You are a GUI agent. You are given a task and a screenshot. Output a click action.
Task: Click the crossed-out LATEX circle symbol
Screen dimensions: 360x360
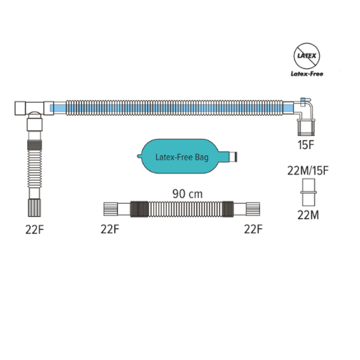point(307,55)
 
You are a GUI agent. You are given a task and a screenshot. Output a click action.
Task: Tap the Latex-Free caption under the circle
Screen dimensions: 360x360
point(307,73)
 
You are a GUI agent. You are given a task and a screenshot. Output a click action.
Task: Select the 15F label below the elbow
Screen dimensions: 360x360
point(306,145)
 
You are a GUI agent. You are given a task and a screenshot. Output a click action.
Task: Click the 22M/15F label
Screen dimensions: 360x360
point(308,171)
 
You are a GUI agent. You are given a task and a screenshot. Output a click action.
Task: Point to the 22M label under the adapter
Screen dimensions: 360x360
point(308,215)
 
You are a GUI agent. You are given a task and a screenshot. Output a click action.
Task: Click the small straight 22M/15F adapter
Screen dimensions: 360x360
point(308,192)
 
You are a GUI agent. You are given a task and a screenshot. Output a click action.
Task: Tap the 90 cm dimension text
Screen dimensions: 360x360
point(187,194)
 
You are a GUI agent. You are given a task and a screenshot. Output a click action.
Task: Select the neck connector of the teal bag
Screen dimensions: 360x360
point(233,156)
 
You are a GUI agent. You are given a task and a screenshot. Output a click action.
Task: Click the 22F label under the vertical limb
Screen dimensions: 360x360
point(35,230)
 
